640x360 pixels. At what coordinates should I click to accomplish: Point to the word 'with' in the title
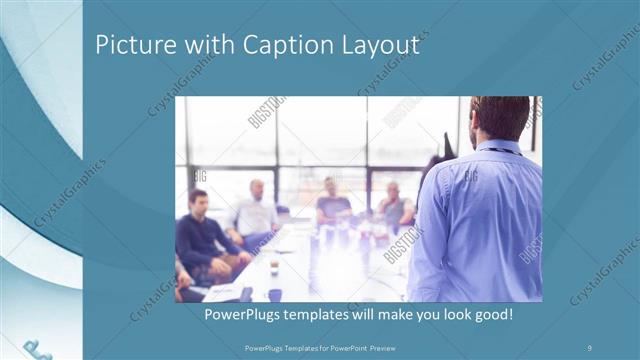(x=203, y=44)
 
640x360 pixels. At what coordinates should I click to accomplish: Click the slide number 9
(x=589, y=346)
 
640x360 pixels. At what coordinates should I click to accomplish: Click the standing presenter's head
(x=499, y=118)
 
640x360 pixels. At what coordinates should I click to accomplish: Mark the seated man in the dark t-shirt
(x=332, y=204)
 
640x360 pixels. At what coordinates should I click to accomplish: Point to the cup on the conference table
(x=274, y=268)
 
